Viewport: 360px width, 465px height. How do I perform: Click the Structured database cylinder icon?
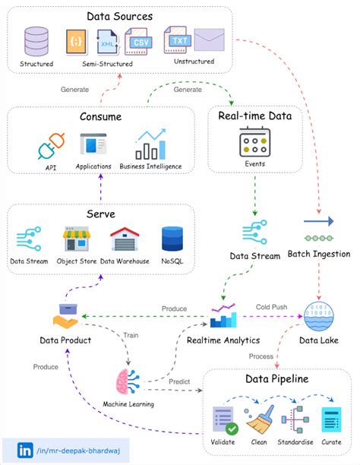click(36, 41)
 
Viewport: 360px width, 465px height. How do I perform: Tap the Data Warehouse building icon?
click(124, 240)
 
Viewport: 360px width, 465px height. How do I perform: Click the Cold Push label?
click(271, 306)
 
